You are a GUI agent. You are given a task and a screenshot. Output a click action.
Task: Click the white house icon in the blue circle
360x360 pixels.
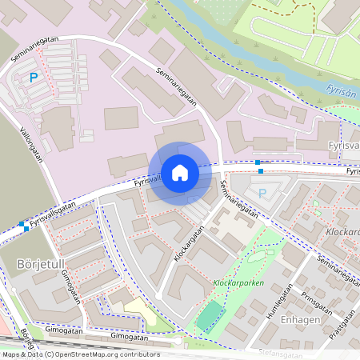click(180, 172)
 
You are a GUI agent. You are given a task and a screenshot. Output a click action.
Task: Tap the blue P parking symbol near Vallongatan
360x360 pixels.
click(34, 78)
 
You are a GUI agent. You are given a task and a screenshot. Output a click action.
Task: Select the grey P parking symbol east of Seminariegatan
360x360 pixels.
click(262, 192)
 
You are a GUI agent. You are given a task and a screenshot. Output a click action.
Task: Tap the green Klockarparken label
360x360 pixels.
click(238, 283)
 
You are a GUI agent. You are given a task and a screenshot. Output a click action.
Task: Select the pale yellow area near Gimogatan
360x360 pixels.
click(139, 312)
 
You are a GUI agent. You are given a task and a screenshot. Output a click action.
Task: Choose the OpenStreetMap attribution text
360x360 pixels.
click(80, 354)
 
